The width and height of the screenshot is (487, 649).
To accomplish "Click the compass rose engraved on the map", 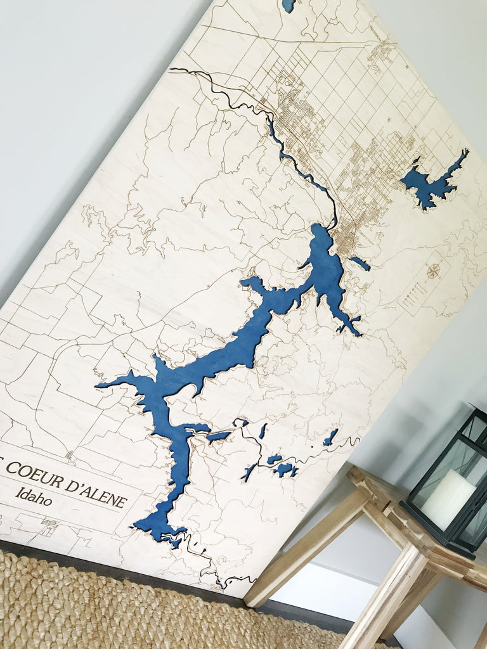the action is (434, 272).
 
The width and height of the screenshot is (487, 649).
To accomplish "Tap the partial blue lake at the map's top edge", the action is (289, 5).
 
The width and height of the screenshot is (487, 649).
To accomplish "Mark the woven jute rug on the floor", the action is (127, 608).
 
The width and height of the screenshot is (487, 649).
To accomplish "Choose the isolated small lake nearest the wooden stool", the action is (330, 437).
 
